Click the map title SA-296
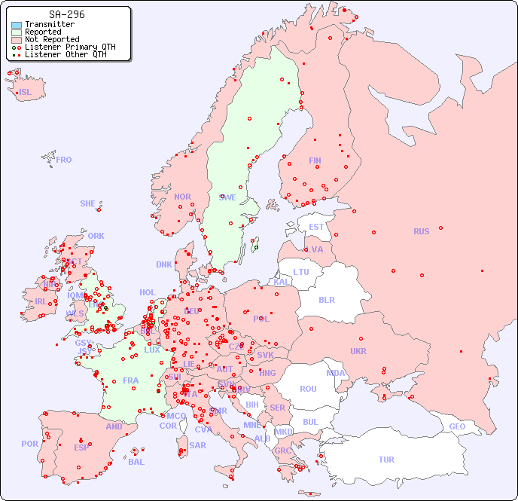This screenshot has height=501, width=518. click(66, 14)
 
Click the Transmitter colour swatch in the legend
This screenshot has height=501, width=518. click(17, 25)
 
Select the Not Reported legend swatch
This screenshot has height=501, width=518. click(17, 39)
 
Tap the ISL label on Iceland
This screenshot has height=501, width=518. click(26, 93)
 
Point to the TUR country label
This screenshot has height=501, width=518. click(386, 460)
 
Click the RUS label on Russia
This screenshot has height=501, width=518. click(421, 231)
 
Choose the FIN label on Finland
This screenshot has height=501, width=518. click(315, 160)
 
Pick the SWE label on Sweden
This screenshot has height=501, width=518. click(227, 197)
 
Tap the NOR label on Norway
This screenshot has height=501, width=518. click(182, 197)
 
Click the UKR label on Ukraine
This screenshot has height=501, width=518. click(358, 351)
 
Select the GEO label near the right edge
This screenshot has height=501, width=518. click(457, 426)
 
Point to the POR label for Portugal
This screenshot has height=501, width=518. click(29, 444)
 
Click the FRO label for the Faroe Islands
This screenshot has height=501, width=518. click(64, 160)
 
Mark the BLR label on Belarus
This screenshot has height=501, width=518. click(327, 299)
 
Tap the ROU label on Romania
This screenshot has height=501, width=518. click(308, 389)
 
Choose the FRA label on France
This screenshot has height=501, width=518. click(131, 380)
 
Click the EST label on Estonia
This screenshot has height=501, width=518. click(316, 227)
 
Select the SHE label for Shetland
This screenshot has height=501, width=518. click(88, 203)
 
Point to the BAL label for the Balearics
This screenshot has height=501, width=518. click(136, 462)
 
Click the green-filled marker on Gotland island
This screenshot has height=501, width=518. click(256, 247)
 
